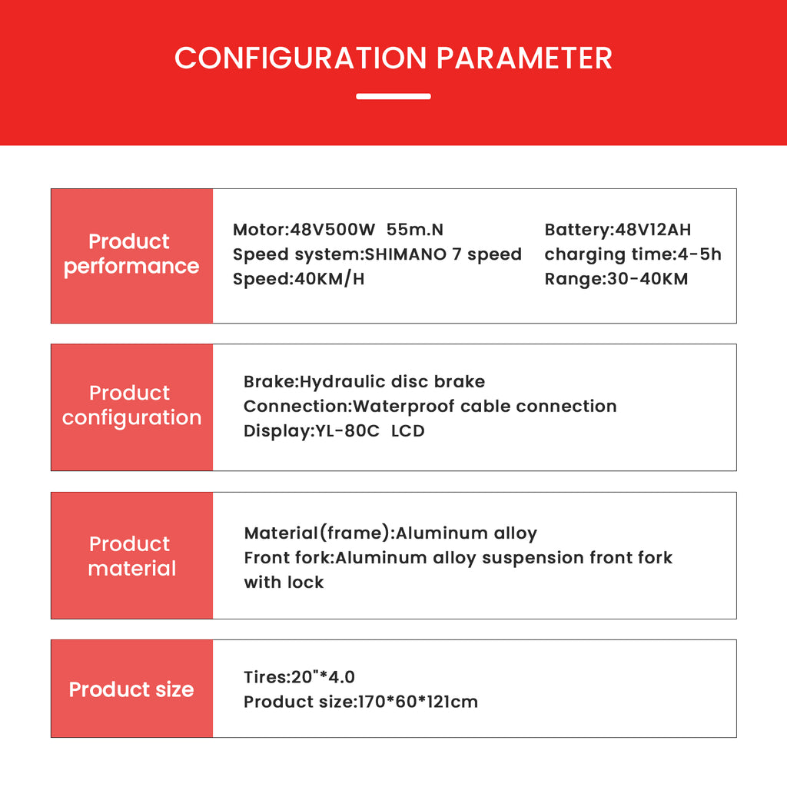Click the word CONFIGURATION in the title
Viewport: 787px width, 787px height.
pos(301,58)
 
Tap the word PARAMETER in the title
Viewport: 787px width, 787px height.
pos(524,58)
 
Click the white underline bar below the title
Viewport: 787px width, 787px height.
pos(393,96)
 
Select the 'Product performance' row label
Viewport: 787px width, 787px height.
pos(131,254)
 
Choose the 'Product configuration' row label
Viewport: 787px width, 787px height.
pos(131,406)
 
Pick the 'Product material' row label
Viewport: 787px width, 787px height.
pos(131,556)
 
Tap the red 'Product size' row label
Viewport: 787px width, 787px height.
pos(131,689)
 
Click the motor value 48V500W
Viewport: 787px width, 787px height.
pos(332,229)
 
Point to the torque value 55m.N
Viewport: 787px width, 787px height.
pos(414,229)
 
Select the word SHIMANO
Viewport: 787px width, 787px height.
pos(405,254)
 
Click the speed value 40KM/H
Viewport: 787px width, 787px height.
pos(329,279)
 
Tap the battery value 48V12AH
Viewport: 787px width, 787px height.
pos(653,229)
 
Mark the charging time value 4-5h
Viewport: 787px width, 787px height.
pos(699,254)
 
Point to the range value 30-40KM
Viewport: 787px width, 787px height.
pos(647,279)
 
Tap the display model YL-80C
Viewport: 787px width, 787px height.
pos(347,431)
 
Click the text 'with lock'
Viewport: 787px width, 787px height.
pos(284,583)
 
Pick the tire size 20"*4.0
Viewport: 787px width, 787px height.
pos(323,677)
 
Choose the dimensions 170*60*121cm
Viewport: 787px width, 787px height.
pos(417,702)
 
